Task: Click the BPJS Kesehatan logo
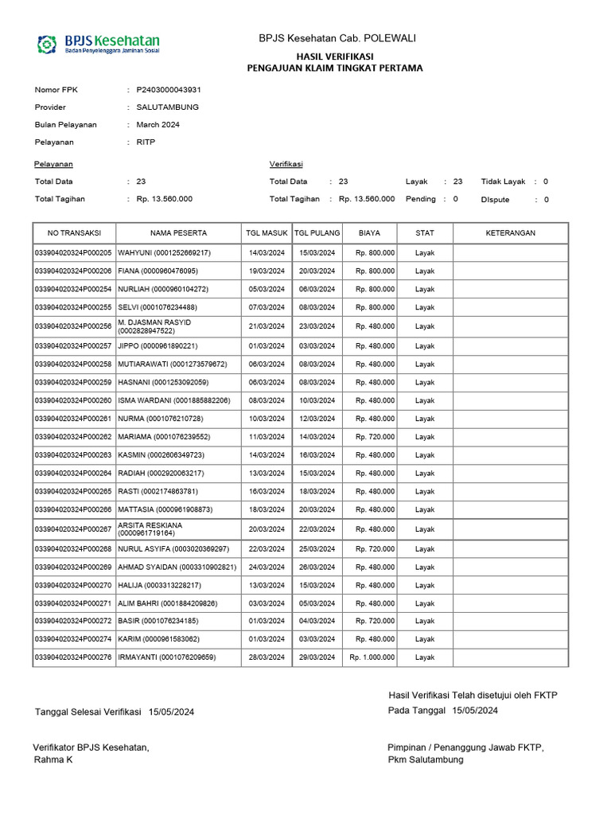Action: coord(99,43)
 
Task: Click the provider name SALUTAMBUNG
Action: coord(167,107)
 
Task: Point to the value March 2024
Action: coord(158,125)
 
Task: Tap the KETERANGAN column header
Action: coord(510,233)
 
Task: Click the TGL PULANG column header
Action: coord(317,233)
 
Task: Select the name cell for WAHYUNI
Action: coord(164,253)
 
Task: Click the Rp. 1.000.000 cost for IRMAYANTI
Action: coord(372,657)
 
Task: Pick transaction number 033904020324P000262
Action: coord(73,437)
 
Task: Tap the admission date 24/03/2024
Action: coord(266,567)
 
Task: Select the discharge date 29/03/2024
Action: coord(317,657)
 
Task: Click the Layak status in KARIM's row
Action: coord(425,639)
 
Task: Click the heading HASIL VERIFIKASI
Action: coord(335,57)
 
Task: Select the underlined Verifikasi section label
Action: coord(286,164)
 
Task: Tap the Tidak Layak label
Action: coord(503,181)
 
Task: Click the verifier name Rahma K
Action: coord(53,760)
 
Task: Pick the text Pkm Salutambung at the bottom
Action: coord(426,760)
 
